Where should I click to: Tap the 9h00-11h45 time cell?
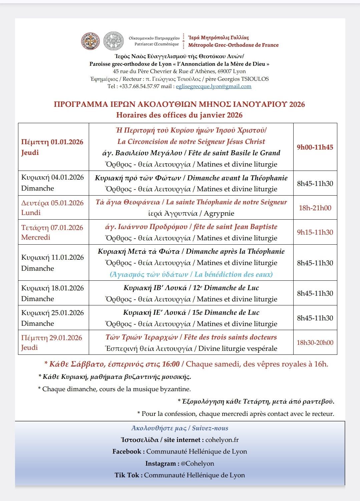pyautogui.click(x=315, y=147)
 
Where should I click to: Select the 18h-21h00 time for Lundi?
pyautogui.click(x=315, y=208)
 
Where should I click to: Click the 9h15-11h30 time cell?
pyautogui.click(x=315, y=232)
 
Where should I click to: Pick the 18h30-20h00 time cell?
pyautogui.click(x=315, y=342)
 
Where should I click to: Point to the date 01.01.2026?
pyautogui.click(x=67, y=142)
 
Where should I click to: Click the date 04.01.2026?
pyautogui.click(x=67, y=177)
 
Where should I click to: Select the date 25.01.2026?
pyautogui.click(x=67, y=313)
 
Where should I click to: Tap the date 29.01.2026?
pyautogui.click(x=66, y=338)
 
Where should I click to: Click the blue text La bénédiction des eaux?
pyautogui.click(x=234, y=274)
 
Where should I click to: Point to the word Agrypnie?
pyautogui.click(x=219, y=213)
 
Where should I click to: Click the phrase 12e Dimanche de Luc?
pyautogui.click(x=226, y=288)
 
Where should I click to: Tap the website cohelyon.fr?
pyautogui.click(x=222, y=440)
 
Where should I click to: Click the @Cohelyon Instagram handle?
pyautogui.click(x=197, y=464)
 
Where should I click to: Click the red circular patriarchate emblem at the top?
pyautogui.click(x=90, y=41)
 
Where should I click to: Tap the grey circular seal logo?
pyautogui.click(x=113, y=41)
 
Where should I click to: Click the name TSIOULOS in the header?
pyautogui.click(x=255, y=79)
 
